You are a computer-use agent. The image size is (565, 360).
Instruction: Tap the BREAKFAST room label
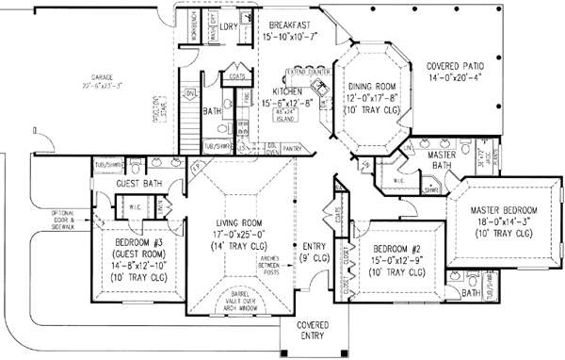[x=291, y=25]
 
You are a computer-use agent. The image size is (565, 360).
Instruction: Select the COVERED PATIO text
[x=457, y=67]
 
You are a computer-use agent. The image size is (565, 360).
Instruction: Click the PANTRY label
[x=295, y=147]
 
